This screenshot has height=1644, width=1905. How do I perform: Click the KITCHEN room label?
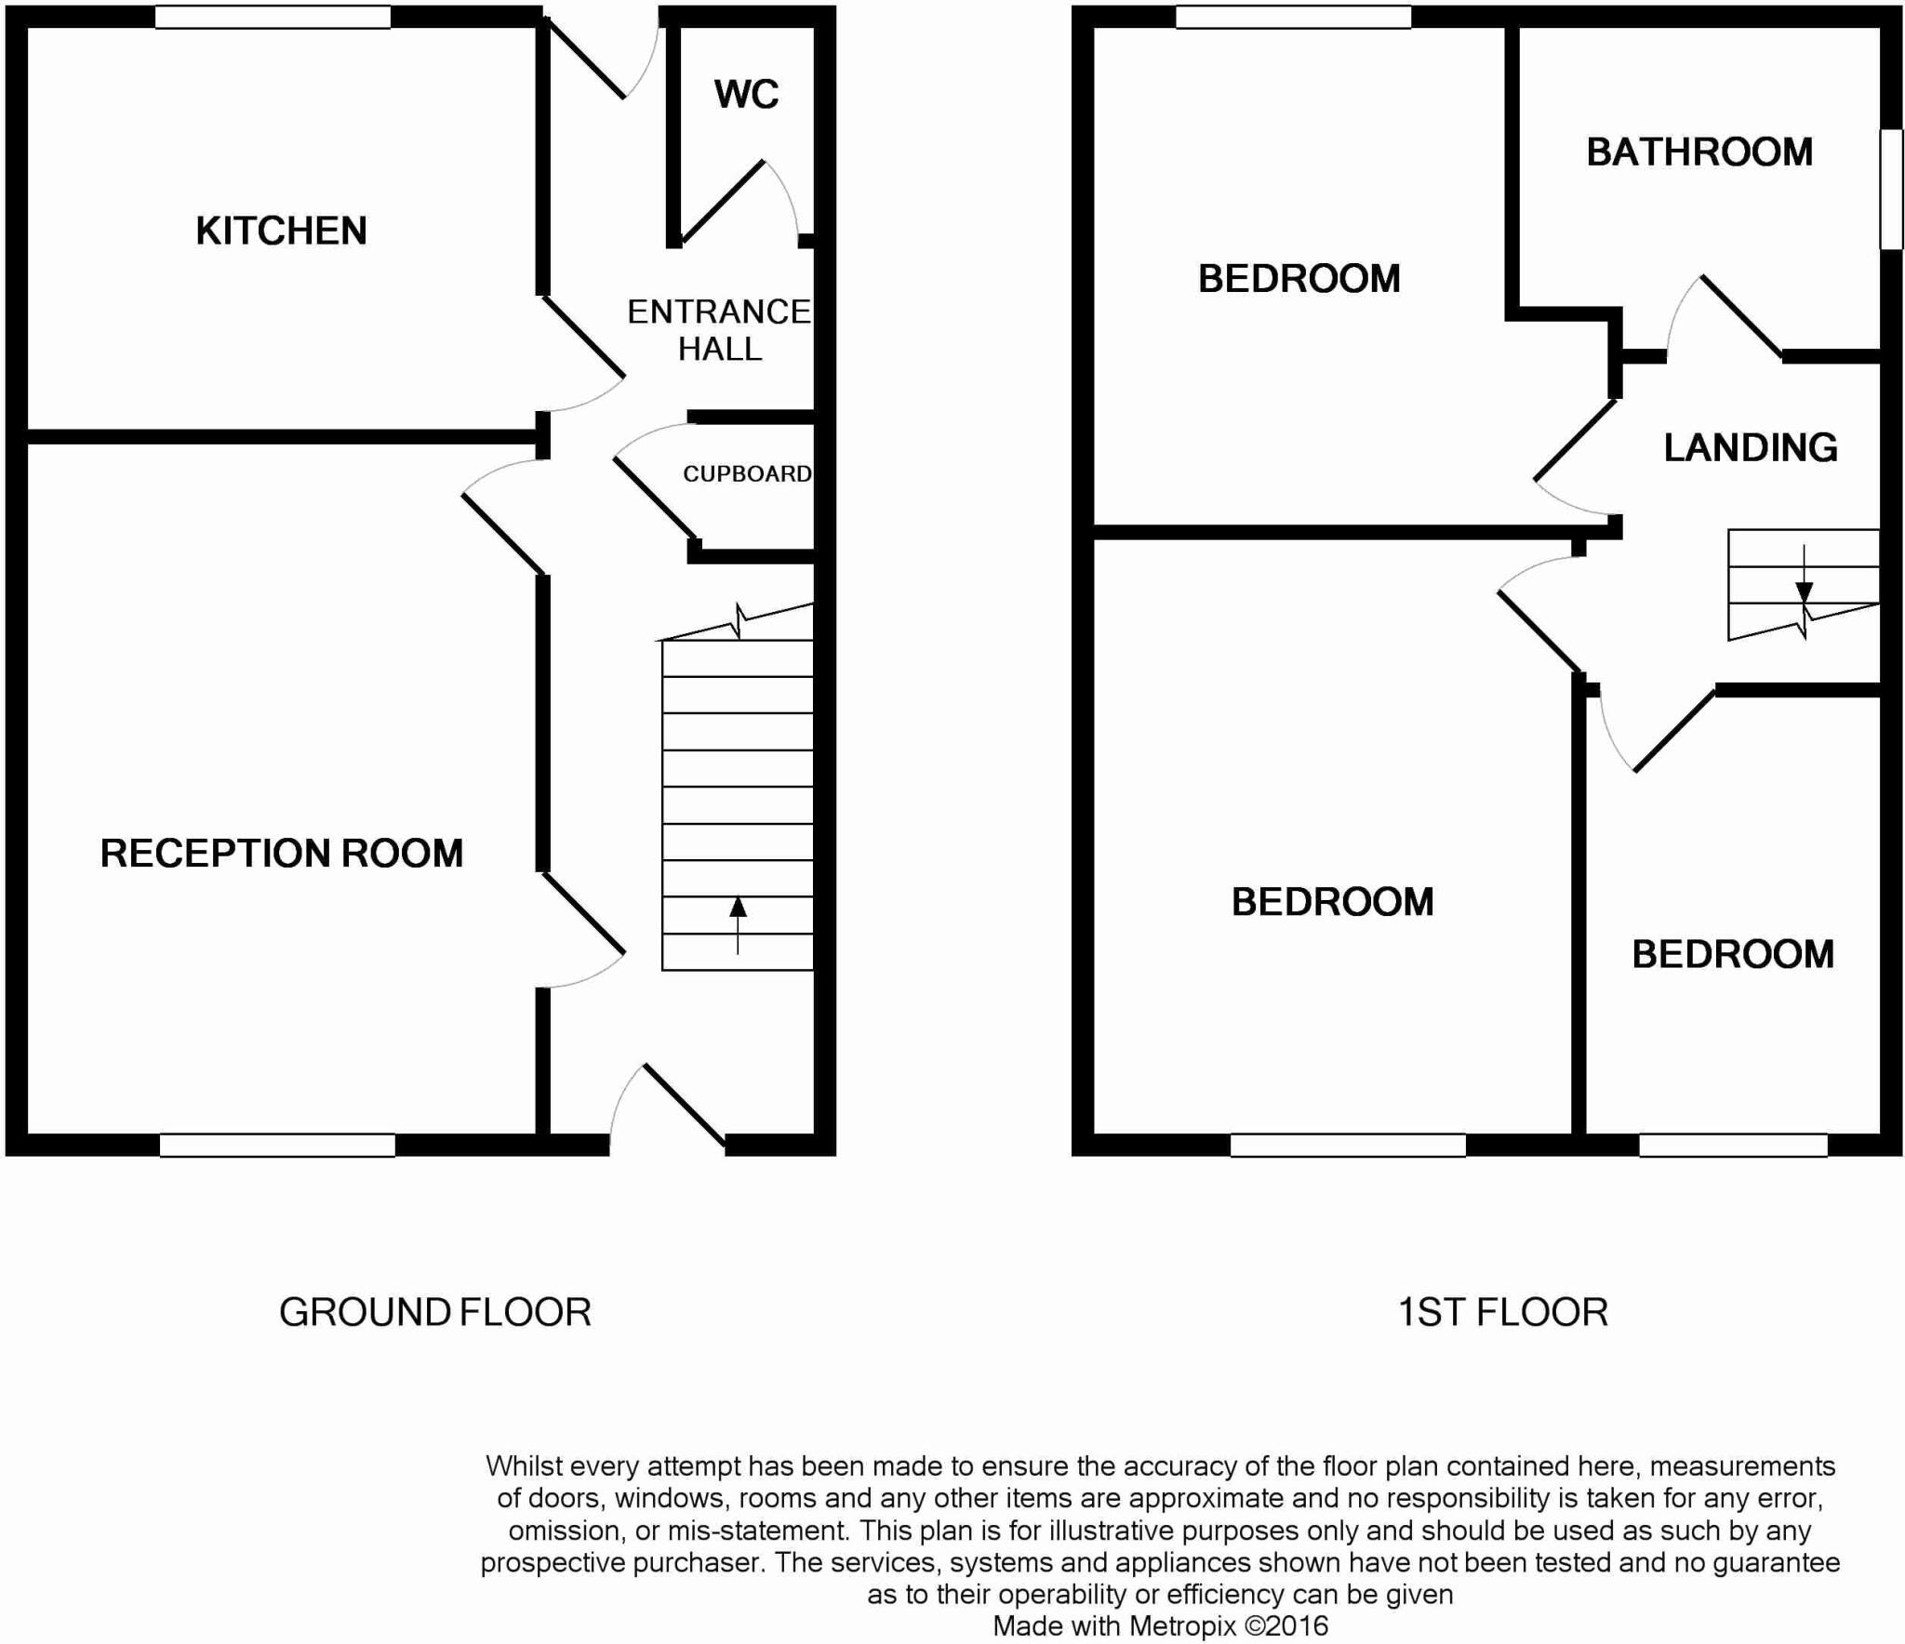281,231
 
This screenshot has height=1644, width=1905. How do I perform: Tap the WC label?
746,94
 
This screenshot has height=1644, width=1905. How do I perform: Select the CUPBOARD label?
747,474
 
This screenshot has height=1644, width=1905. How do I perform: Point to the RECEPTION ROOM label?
281,853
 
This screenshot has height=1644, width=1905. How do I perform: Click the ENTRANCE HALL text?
719,330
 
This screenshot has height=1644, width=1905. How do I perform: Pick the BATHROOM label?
1699,152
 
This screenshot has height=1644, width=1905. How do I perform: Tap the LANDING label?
1750,447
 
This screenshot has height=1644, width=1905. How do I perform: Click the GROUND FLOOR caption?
434,1312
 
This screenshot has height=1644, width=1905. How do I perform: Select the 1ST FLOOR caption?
1502,1312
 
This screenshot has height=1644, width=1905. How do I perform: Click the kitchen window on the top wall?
272,17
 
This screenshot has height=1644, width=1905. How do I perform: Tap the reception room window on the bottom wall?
277,1145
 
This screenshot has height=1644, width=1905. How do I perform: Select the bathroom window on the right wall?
1891,189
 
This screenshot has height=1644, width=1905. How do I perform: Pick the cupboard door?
655,498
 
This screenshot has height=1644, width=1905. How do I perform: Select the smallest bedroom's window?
1732,1145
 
